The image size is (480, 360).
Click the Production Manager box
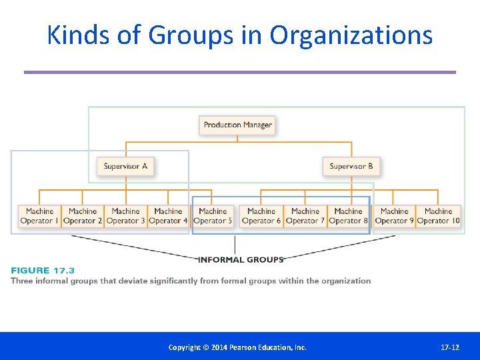[237, 125]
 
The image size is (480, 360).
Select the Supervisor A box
[125, 166]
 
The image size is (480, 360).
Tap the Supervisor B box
[351, 166]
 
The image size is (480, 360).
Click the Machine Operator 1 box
[39, 216]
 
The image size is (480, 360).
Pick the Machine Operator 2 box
[83, 216]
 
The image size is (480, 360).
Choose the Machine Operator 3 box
[125, 216]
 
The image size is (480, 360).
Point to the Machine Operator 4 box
[168, 216]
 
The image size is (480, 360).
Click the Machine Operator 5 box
[213, 216]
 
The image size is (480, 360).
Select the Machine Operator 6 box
[261, 216]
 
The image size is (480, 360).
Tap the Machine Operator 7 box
[305, 216]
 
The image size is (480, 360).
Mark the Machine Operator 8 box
[348, 216]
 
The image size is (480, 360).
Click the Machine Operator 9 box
[394, 216]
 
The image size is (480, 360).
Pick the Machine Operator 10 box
[438, 216]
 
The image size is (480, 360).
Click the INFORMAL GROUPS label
[241, 259]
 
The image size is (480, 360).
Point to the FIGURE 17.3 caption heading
[43, 270]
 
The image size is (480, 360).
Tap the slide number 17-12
[450, 347]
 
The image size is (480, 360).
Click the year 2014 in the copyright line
[212, 347]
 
